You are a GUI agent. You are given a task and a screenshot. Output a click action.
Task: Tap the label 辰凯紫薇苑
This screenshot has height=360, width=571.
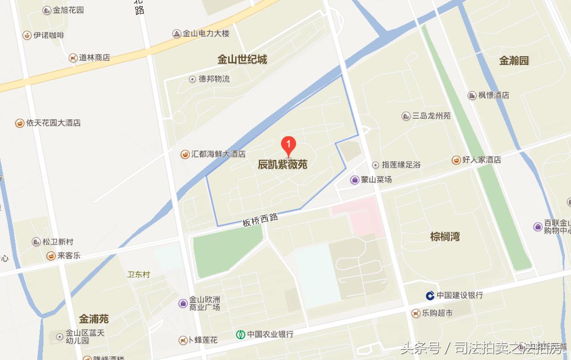(x=282, y=165)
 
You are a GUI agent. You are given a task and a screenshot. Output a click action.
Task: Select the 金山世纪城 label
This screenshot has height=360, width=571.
(x=242, y=60)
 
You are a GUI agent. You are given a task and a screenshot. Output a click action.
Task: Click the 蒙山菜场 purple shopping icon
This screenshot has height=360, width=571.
(x=355, y=180)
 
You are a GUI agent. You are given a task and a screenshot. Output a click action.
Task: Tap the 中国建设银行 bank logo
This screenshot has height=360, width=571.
(x=430, y=296)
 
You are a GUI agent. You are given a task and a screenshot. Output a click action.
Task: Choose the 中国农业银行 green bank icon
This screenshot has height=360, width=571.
(x=241, y=334)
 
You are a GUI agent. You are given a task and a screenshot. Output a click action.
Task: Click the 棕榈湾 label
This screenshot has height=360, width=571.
(x=445, y=237)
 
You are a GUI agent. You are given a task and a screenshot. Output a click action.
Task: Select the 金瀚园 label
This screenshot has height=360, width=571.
(x=514, y=61)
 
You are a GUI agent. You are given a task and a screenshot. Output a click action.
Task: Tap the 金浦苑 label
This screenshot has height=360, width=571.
(x=94, y=318)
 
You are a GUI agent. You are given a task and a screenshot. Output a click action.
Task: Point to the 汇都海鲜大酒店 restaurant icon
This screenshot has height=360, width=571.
(x=185, y=154)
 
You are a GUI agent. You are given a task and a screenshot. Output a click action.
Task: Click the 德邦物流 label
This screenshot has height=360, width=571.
(x=214, y=79)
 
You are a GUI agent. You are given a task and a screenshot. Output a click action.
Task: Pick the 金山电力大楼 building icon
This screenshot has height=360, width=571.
(x=177, y=34)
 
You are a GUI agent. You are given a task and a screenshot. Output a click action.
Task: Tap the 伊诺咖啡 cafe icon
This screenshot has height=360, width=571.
(x=27, y=35)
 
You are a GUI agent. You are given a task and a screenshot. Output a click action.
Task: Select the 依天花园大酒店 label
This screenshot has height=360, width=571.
(x=53, y=123)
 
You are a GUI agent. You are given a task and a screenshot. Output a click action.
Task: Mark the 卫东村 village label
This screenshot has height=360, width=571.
(x=139, y=274)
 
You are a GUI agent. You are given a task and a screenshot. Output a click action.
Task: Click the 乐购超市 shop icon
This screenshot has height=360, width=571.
(x=416, y=313)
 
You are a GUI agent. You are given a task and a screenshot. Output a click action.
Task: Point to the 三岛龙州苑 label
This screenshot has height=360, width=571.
(x=431, y=116)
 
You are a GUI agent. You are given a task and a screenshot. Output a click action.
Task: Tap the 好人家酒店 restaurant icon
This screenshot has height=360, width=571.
(x=457, y=160)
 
